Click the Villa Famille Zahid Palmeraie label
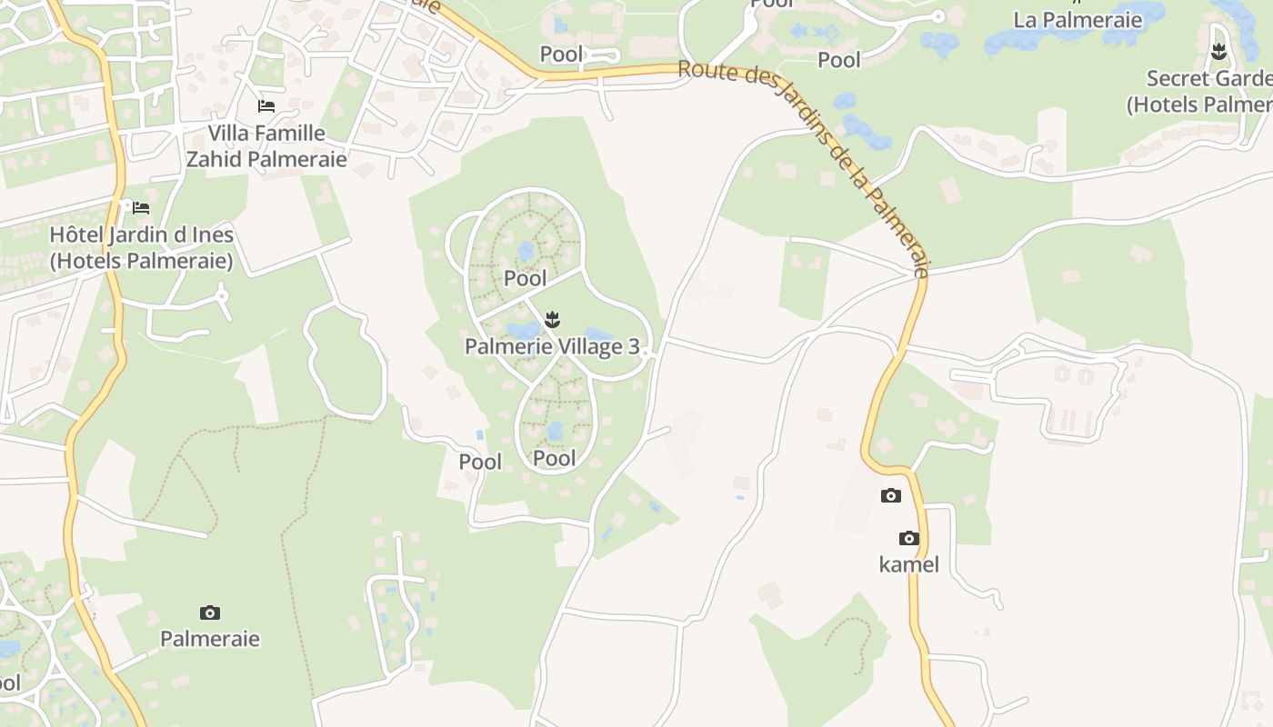[x=266, y=146]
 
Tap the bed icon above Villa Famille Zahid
[x=266, y=106]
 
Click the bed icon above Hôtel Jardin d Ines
[x=141, y=208]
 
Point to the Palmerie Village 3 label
[x=552, y=346]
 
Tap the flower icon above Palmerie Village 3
[x=552, y=319]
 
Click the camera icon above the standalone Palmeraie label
[x=210, y=612]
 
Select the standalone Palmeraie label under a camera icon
[x=210, y=639]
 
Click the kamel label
[x=908, y=564]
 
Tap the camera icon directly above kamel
[x=908, y=538]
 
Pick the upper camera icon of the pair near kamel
[x=891, y=495]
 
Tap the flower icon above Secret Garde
[x=1218, y=51]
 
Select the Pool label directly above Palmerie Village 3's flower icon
[x=526, y=278]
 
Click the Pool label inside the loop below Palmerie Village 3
[x=555, y=458]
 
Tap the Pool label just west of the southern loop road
[x=480, y=462]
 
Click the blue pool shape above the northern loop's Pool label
[x=526, y=250]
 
